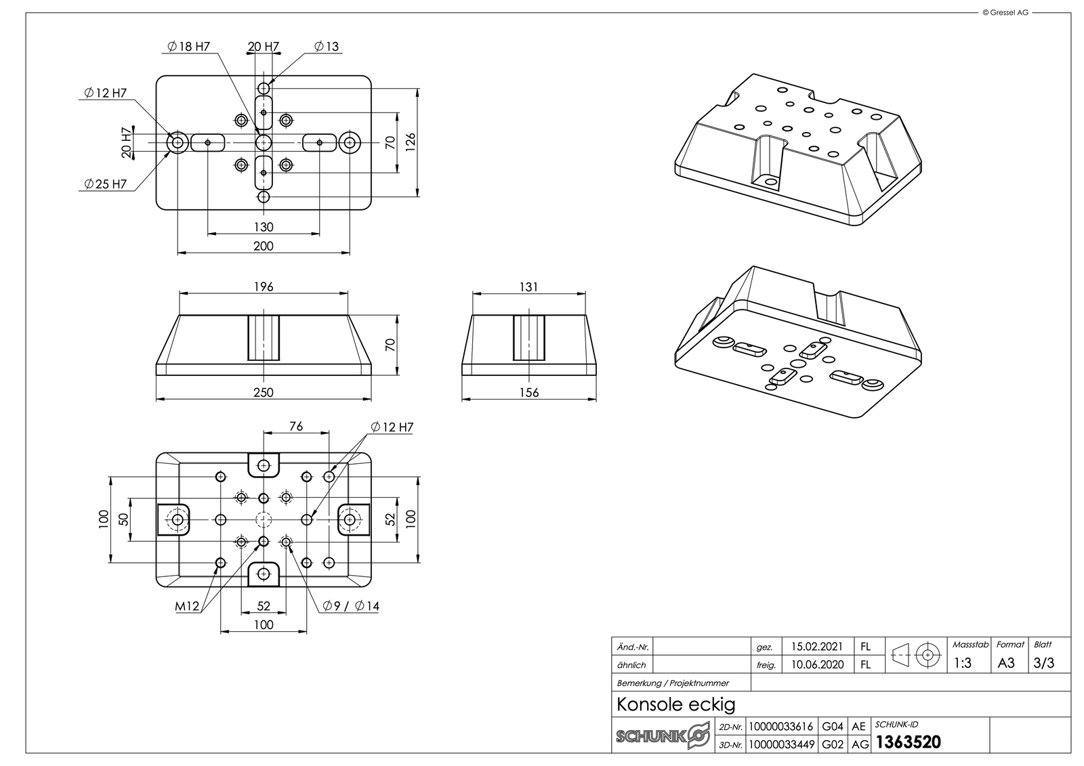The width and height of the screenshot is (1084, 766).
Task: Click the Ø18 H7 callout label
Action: click(x=188, y=47)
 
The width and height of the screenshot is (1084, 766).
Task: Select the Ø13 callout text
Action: click(x=327, y=47)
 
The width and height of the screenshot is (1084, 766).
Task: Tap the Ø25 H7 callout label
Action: click(x=106, y=184)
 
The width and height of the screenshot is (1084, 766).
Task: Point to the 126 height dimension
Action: click(x=411, y=143)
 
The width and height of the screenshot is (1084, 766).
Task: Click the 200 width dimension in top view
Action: click(x=264, y=246)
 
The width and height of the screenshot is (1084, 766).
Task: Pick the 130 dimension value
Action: click(x=264, y=227)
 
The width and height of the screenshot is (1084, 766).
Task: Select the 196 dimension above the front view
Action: click(x=264, y=286)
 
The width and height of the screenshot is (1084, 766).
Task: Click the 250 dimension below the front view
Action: click(x=264, y=392)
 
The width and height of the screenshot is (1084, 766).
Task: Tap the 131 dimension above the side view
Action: click(x=529, y=286)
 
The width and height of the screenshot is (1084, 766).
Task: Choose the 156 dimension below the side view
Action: click(x=529, y=392)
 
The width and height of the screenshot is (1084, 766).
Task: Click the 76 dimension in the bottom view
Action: click(x=296, y=426)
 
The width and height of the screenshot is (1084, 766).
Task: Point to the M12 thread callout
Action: click(x=188, y=606)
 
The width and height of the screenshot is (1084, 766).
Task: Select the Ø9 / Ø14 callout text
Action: click(x=351, y=606)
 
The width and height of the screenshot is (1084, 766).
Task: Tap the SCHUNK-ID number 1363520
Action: click(x=909, y=742)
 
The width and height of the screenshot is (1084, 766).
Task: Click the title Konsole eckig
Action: click(x=675, y=704)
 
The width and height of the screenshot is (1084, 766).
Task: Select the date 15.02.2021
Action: click(x=818, y=647)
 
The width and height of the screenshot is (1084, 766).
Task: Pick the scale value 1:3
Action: click(x=962, y=663)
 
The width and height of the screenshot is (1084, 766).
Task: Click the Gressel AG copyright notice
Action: click(x=1005, y=12)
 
